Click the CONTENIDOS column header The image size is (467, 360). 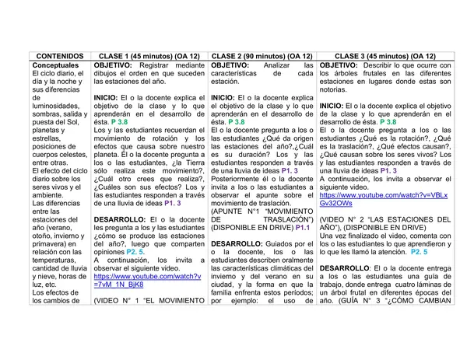pyautogui.click(x=57, y=57)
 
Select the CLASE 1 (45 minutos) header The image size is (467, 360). pyautogui.click(x=147, y=57)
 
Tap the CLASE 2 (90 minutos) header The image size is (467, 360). pyautogui.click(x=262, y=57)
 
